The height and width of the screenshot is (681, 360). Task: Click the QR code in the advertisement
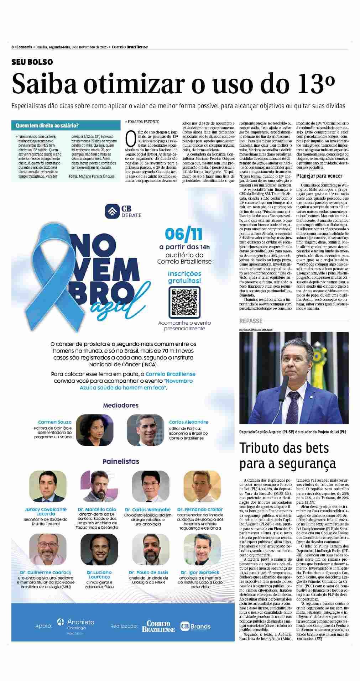click(184, 302)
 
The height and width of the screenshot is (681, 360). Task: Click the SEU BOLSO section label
click(32, 62)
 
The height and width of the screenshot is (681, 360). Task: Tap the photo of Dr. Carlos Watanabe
click(150, 486)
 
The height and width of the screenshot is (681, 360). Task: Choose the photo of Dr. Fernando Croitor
click(200, 486)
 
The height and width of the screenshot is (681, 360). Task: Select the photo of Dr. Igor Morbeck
click(200, 550)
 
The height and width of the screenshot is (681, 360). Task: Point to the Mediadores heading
click(121, 405)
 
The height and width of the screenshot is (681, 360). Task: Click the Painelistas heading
click(121, 461)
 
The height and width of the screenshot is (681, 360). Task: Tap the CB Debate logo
click(123, 211)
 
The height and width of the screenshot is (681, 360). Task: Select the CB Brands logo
click(195, 626)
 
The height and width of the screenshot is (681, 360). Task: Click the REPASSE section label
click(251, 321)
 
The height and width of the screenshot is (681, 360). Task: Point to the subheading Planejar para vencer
click(319, 176)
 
